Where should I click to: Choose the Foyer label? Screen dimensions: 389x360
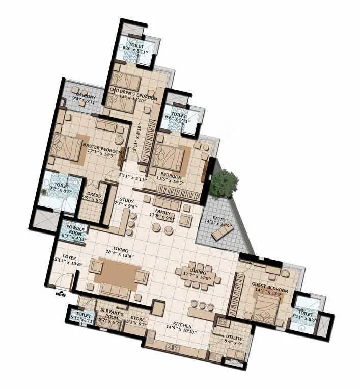69,257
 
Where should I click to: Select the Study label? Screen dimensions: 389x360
127,200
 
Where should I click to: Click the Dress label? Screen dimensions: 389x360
94,195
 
